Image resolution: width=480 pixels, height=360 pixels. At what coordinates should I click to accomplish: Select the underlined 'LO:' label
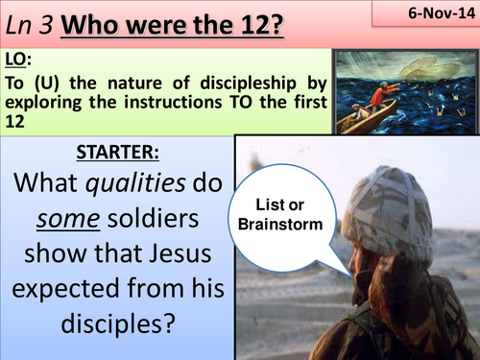click(18, 63)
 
